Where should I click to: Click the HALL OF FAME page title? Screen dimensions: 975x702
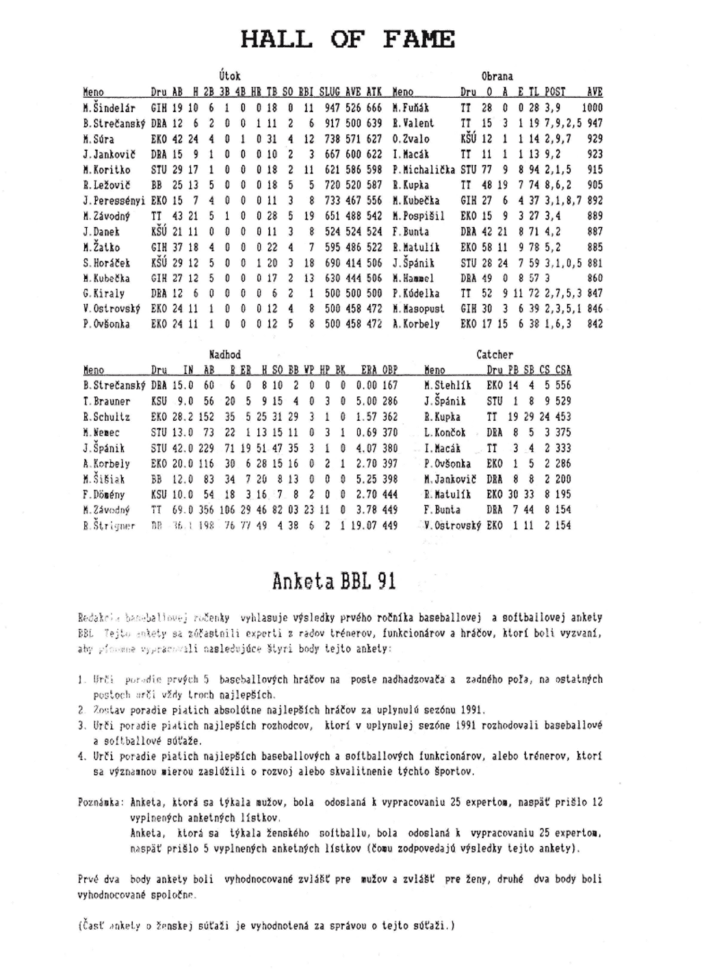348,39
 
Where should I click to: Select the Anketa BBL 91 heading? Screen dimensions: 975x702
335,580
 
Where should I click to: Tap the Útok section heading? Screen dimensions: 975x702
229,77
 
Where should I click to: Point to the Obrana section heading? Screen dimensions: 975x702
497,77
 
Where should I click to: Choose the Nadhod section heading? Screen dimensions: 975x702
225,355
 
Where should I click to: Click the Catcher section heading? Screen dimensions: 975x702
495,355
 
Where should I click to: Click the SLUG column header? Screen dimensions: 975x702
331,92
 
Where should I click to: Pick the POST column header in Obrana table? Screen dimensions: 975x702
554,92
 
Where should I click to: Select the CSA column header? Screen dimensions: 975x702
563,370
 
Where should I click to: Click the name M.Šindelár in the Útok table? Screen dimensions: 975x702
109,108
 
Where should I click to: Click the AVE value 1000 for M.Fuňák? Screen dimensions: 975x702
592,108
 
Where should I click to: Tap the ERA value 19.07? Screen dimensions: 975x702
364,525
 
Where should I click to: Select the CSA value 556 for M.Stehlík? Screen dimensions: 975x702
563,386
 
